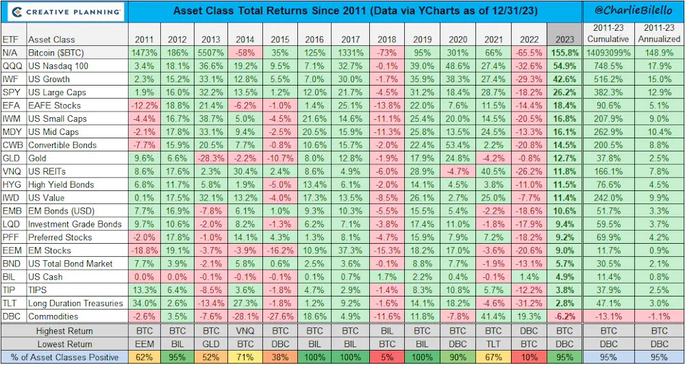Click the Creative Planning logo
pyautogui.click(x=64, y=12)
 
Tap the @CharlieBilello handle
pyautogui.click(x=634, y=10)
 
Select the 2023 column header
pyautogui.click(x=564, y=39)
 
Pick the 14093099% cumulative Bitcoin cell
pyautogui.click(x=607, y=53)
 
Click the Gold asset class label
pyautogui.click(x=37, y=158)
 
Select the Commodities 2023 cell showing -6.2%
pyautogui.click(x=564, y=316)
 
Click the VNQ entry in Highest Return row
pyautogui.click(x=245, y=331)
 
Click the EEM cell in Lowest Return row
pyautogui.click(x=144, y=344)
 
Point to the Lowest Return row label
pyautogui.click(x=64, y=344)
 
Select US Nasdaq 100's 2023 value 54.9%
pyautogui.click(x=564, y=66)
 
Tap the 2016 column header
pyautogui.click(x=314, y=39)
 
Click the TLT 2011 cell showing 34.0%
pyautogui.click(x=144, y=303)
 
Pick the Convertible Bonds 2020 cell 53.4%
pyautogui.click(x=456, y=145)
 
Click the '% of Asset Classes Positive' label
pyautogui.click(x=64, y=357)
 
